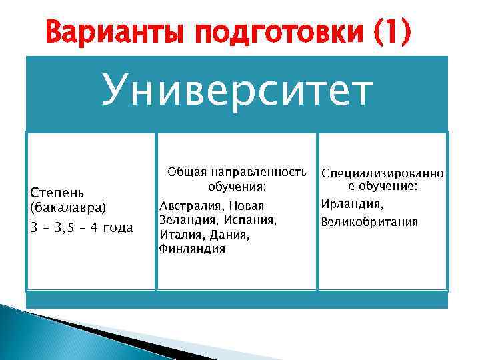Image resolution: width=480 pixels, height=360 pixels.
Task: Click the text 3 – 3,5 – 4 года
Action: coord(81,228)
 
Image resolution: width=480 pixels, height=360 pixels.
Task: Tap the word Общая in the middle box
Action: coord(186,171)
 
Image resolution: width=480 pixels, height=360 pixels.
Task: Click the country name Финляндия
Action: coord(192,249)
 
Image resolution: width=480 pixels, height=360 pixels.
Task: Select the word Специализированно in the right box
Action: coord(382,173)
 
